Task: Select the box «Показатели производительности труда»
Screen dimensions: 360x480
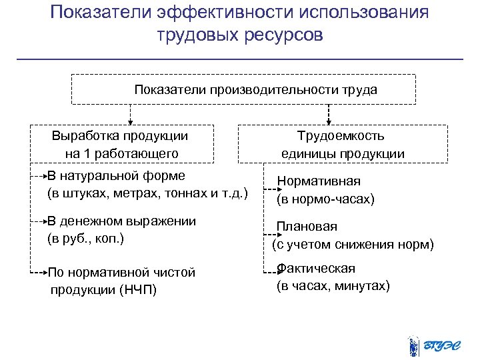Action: pos(243,89)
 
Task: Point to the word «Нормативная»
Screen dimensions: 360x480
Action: pos(319,181)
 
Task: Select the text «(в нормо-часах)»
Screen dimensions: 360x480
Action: pos(325,199)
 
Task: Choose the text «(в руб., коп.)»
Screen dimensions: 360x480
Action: pos(85,238)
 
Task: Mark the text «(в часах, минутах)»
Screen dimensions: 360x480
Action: pos(333,286)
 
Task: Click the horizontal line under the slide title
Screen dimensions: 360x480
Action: pos(239,59)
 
